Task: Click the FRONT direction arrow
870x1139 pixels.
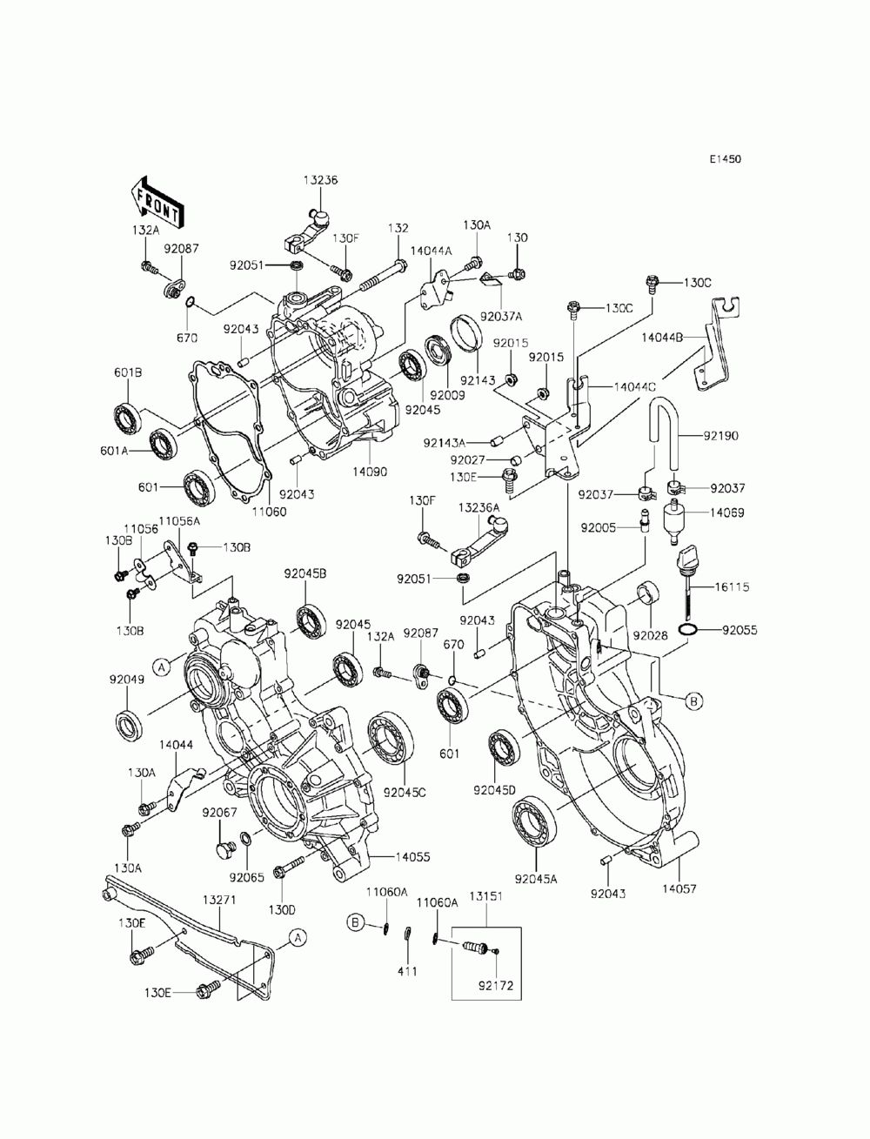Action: point(157,202)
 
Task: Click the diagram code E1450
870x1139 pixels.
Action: point(726,159)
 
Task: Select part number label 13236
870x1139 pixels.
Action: point(320,180)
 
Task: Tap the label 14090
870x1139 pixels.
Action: point(370,472)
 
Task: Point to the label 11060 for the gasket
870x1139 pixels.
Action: point(269,512)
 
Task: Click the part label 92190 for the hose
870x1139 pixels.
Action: point(721,436)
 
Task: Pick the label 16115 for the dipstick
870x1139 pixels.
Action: point(732,586)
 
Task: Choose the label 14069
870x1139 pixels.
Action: point(726,513)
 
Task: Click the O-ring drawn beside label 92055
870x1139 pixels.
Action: point(687,630)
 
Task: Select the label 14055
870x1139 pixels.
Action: point(413,857)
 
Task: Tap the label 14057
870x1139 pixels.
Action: point(679,889)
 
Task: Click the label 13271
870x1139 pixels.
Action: point(219,899)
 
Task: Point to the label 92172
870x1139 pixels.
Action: point(495,985)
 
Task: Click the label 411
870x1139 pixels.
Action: point(407,971)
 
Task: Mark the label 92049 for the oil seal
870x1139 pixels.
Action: point(126,680)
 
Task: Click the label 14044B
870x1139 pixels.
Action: point(661,337)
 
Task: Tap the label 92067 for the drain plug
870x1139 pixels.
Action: point(219,812)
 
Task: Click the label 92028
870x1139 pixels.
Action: point(650,635)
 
